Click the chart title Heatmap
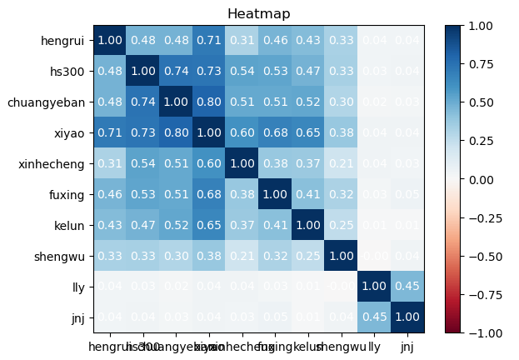[x=259, y=14]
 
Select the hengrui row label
[x=62, y=41]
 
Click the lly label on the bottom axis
[x=375, y=344]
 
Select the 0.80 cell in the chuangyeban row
[x=208, y=102]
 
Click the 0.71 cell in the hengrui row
[x=208, y=41]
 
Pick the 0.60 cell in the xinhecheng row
[x=208, y=164]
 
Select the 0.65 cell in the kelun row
[x=208, y=225]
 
